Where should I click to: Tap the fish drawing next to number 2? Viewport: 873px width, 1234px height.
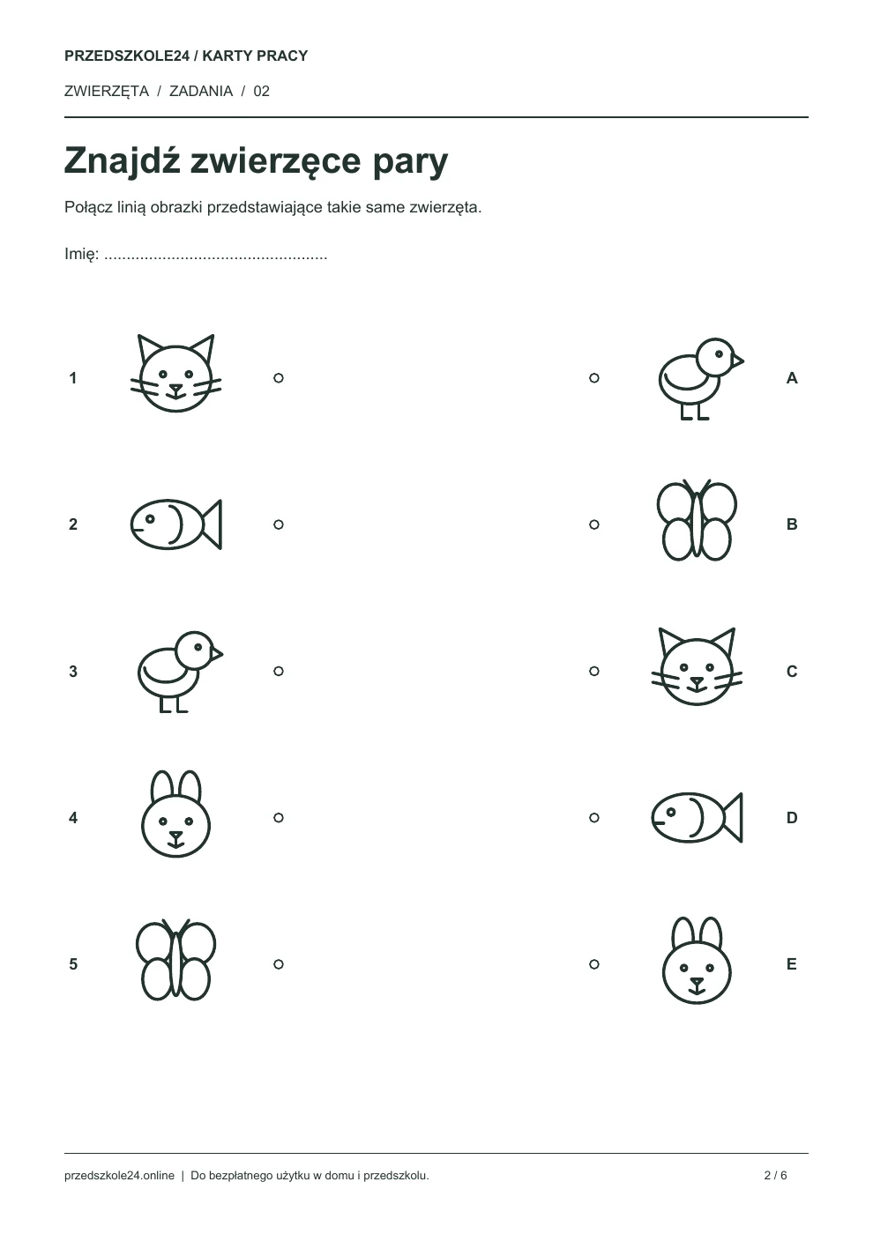point(175,524)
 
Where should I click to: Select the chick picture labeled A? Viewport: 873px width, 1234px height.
point(701,378)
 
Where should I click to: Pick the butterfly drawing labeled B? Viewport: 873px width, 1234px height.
point(697,520)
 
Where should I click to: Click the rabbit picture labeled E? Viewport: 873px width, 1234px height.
point(697,960)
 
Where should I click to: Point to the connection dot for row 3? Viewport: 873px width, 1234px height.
point(279,671)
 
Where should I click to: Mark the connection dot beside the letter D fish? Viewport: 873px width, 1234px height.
point(594,818)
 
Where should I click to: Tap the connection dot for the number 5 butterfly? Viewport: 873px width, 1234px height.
point(279,964)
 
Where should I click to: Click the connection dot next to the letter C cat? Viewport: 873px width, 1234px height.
point(594,671)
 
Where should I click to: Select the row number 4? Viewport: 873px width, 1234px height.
point(72,818)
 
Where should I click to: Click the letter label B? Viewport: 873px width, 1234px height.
point(792,524)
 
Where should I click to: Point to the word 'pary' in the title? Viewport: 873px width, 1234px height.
point(410,162)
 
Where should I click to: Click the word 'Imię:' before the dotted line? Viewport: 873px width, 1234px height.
point(81,254)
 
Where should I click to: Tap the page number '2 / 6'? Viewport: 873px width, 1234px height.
point(775,1175)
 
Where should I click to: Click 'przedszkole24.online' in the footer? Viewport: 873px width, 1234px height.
point(119,1175)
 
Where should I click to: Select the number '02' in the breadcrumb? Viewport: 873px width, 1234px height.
point(261,91)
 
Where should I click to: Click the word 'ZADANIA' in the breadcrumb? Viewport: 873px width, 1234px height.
point(201,91)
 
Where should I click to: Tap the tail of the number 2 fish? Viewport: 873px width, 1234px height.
point(213,524)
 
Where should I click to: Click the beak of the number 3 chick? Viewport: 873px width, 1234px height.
point(217,654)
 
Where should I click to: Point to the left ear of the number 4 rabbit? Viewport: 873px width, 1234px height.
point(162,786)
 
